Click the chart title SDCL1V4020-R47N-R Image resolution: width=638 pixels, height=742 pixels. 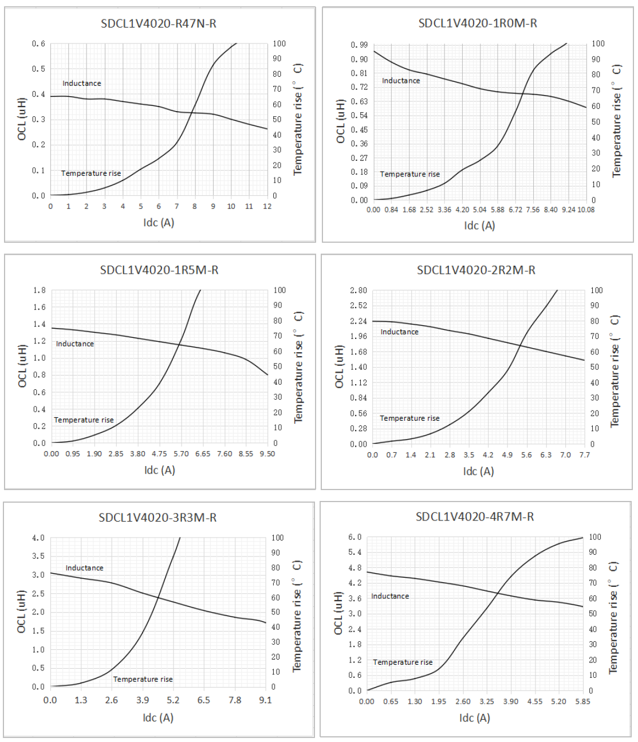click(159, 23)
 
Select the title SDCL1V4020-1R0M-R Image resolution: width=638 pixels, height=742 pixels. click(478, 23)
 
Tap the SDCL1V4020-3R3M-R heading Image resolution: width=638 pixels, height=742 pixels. click(157, 518)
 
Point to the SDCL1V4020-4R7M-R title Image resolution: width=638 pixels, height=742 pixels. click(475, 516)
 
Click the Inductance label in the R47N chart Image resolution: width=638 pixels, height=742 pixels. click(82, 84)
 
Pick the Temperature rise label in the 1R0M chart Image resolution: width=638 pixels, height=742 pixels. click(410, 174)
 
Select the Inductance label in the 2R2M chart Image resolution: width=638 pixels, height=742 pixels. click(400, 332)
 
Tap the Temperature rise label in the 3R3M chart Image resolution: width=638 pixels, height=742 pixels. click(143, 679)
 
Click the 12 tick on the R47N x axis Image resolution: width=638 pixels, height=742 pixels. click(267, 207)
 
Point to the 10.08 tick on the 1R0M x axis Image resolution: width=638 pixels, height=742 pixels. click(586, 210)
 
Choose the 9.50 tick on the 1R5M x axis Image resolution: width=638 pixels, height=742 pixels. click(267, 454)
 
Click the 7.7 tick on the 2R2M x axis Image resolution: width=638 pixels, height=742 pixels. click(584, 455)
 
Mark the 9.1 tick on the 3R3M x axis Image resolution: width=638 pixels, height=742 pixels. click(265, 700)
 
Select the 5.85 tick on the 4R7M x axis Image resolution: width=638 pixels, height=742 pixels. click(582, 701)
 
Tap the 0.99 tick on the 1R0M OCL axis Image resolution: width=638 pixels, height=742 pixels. click(359, 45)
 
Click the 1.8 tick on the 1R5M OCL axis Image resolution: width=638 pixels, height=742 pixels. click(40, 290)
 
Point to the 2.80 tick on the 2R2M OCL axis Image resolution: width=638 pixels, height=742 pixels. click(359, 290)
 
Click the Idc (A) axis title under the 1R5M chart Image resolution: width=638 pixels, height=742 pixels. click(159, 470)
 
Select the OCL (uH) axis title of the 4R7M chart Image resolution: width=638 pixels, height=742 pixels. click(338, 613)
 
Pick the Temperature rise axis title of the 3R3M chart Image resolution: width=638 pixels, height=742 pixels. click(297, 616)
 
